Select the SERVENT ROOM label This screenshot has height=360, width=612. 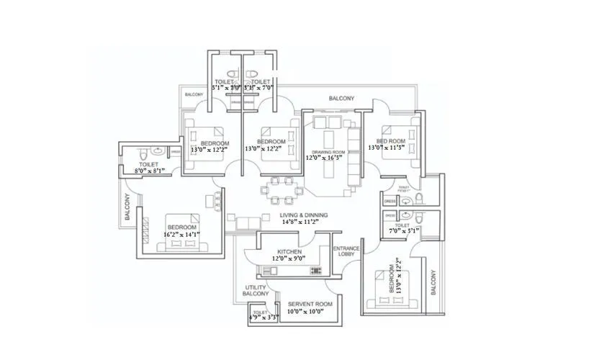pos(310,305)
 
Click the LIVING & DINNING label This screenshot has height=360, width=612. pos(305,215)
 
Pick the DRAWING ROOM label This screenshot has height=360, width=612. pos(328,151)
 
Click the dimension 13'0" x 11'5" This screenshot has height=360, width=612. pos(387,147)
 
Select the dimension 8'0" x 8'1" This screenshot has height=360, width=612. pos(148,171)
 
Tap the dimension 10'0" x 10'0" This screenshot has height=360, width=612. pos(310,312)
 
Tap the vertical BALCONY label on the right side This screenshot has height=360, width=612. pos(433,282)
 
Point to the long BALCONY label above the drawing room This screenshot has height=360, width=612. pos(341,98)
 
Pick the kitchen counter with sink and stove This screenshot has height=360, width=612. pos(289,270)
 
